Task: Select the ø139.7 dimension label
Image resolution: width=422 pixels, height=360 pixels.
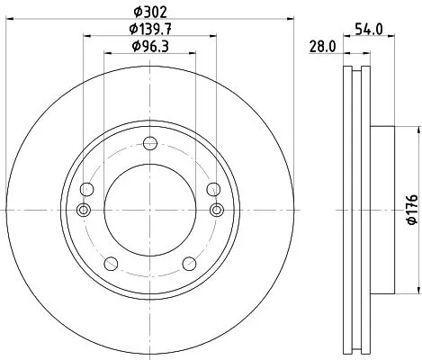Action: pos(149,30)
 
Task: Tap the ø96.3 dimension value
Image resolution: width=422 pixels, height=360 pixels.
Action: pos(149,46)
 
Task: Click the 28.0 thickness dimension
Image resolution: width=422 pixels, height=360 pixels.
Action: pos(323,46)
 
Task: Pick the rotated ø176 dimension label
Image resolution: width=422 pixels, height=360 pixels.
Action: pos(411,210)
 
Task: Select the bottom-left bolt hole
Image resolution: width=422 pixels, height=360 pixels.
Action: pos(112,263)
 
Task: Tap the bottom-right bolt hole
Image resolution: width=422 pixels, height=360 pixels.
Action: pos(188,263)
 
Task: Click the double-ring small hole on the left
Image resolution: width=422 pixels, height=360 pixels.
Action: pos(84,210)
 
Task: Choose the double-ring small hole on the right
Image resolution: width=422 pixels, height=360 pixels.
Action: pos(215,210)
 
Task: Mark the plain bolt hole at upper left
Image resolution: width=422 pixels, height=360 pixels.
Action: pos(87,189)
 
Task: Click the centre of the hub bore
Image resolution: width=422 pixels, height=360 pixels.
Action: pos(149,210)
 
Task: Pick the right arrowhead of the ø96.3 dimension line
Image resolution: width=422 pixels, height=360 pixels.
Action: pos(193,54)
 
